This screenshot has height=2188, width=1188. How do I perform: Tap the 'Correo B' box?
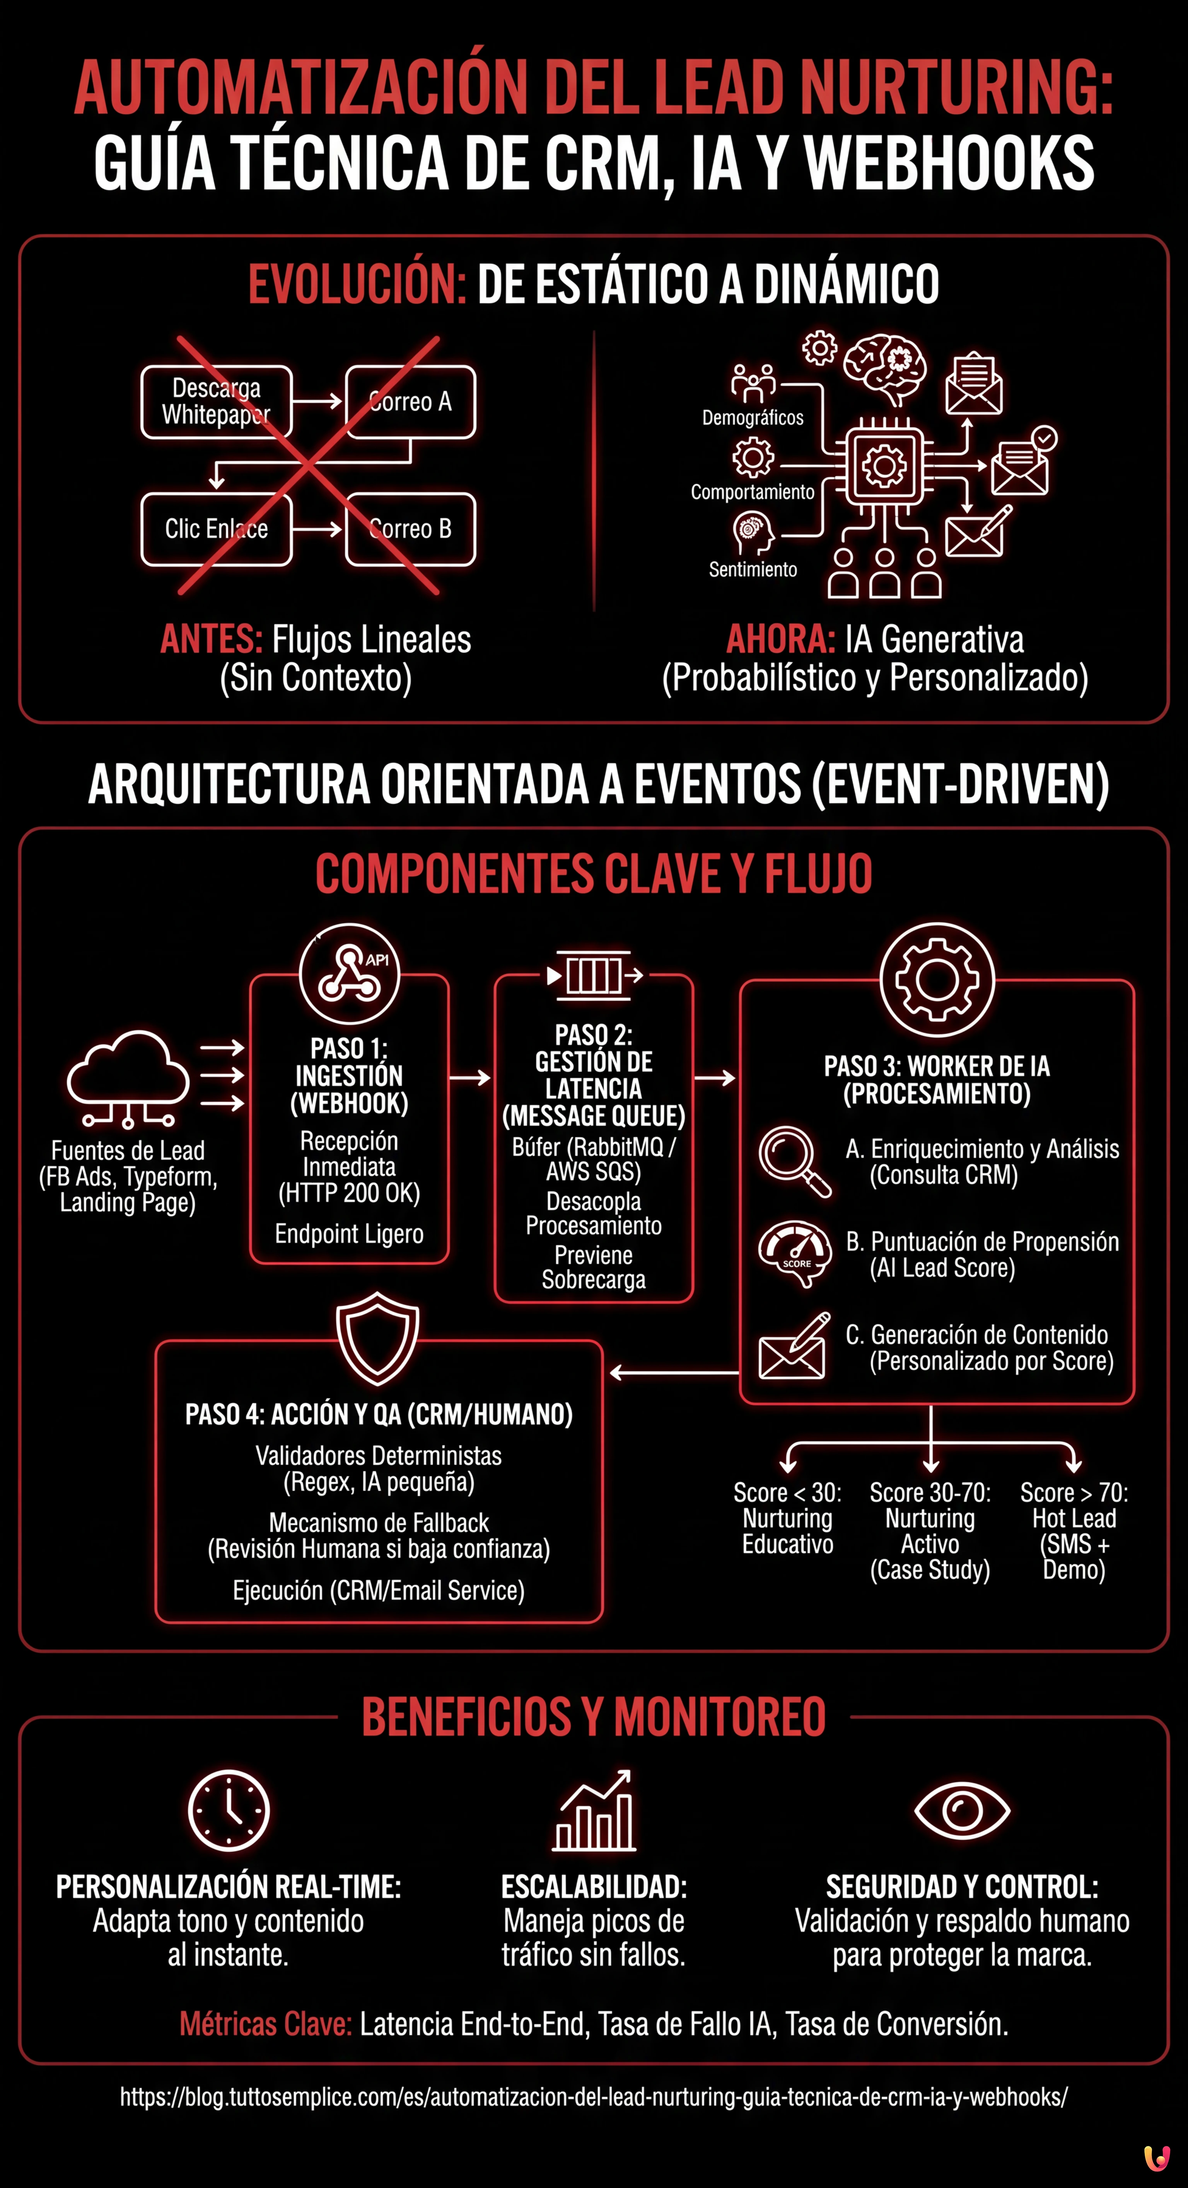pos(410,529)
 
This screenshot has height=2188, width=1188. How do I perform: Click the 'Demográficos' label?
pos(753,418)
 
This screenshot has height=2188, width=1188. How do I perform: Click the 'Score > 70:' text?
pos(1074,1493)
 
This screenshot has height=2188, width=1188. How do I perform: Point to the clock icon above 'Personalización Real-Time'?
pos(229,1810)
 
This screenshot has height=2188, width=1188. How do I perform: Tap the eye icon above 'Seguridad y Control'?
pos(962,1809)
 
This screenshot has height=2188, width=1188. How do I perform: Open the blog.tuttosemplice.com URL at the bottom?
pos(593,2097)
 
